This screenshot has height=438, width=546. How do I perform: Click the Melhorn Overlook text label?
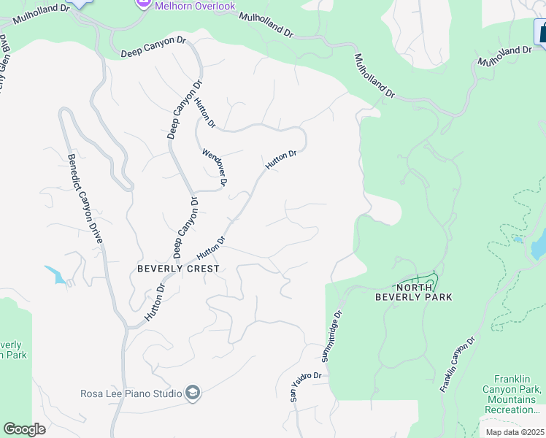(196, 6)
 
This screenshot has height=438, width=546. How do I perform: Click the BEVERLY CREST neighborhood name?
(178, 269)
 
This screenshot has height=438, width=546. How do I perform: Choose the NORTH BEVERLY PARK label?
(413, 292)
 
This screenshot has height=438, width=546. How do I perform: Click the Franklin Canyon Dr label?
(458, 365)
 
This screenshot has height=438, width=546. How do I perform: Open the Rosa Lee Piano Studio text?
(131, 394)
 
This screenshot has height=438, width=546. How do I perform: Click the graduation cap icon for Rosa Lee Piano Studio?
(193, 394)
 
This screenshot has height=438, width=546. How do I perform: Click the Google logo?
(24, 429)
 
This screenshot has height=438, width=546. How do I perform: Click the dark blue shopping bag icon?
(542, 33)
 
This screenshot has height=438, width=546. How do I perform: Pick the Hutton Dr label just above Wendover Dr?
(204, 112)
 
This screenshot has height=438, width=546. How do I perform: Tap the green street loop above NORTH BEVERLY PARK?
(420, 280)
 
